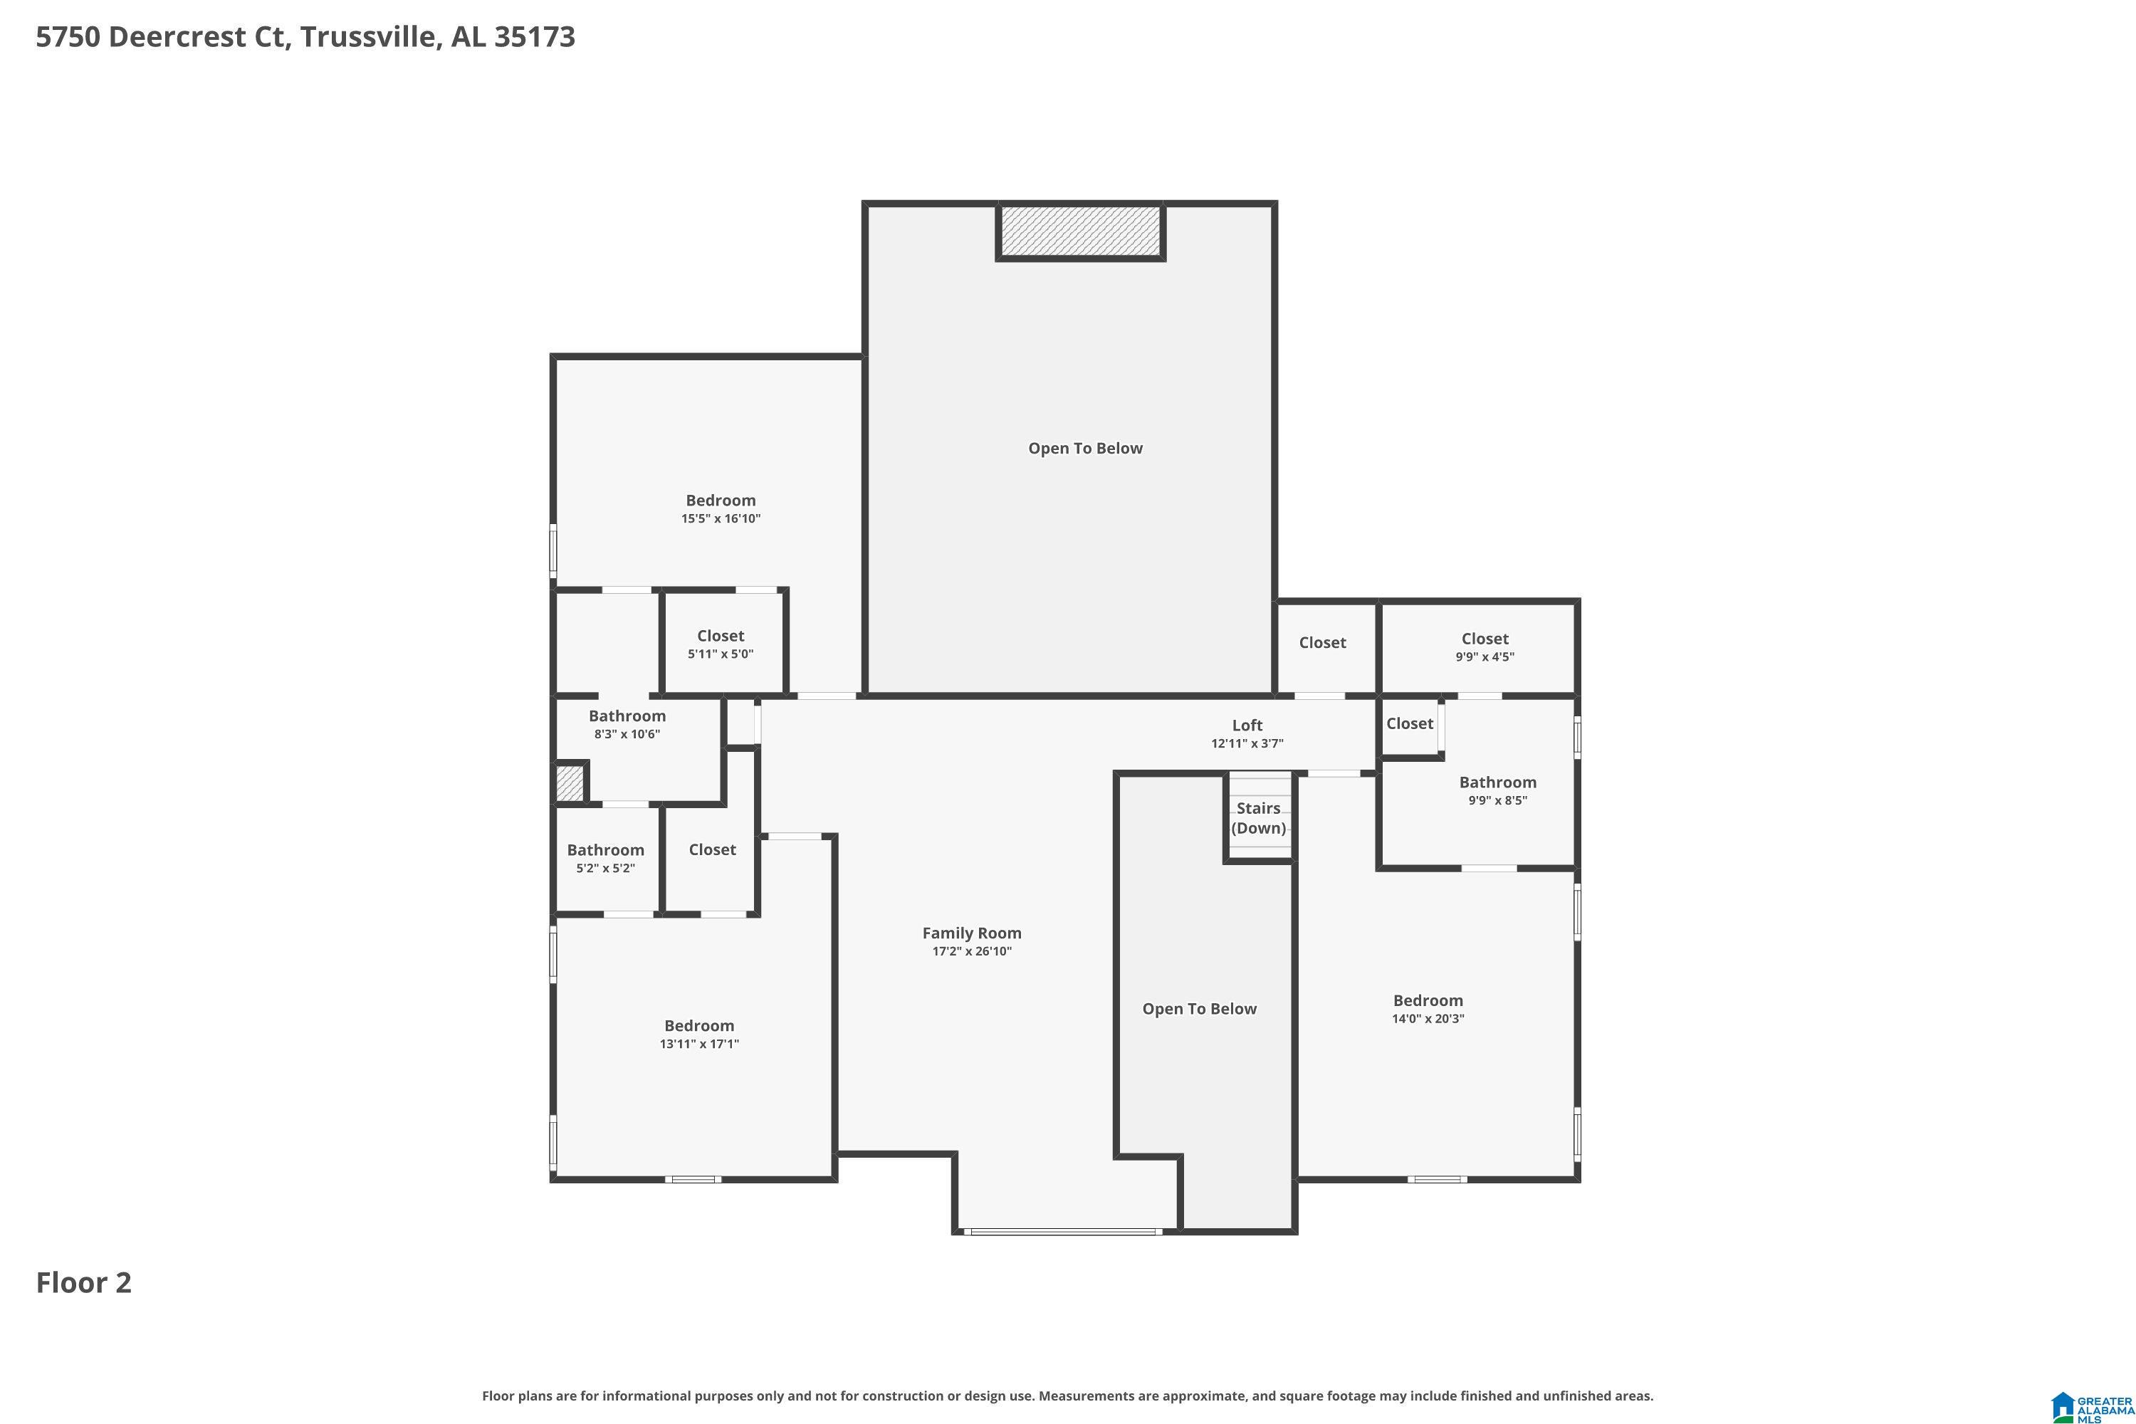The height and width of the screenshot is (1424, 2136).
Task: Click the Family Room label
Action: coord(972,933)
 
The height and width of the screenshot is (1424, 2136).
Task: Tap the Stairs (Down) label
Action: coord(1258,817)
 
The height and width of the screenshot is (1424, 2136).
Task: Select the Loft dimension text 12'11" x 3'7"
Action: coord(1246,743)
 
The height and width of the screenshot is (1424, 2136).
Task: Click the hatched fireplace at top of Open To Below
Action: coord(1081,231)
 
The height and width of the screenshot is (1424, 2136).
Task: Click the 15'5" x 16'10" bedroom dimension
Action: coord(720,518)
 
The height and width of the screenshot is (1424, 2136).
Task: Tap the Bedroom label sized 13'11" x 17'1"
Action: coord(698,1025)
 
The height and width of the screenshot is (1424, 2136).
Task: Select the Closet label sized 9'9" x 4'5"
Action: coord(1484,639)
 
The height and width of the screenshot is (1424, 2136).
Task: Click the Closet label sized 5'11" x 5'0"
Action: coord(720,636)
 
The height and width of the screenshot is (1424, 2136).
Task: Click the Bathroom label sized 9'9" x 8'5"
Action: coord(1497,782)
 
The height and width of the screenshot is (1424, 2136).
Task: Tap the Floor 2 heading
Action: coord(83,1282)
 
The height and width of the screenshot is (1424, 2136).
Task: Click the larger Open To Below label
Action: coord(1084,448)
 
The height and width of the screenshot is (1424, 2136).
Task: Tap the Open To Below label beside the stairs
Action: coord(1199,1008)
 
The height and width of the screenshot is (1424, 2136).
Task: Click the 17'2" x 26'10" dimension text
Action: coord(972,951)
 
